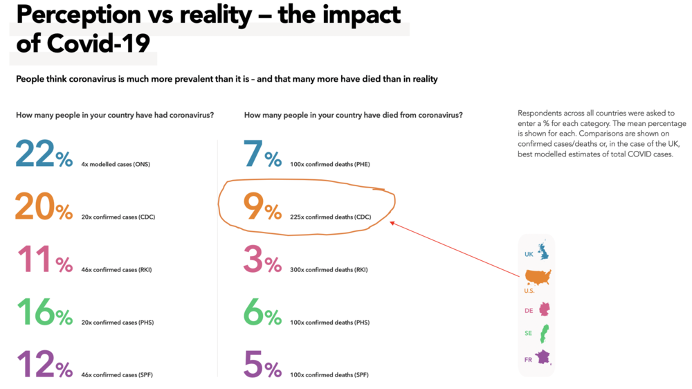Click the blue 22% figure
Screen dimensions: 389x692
(44, 154)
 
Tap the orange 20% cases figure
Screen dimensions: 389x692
(44, 207)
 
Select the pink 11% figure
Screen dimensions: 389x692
(44, 260)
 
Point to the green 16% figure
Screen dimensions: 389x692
(44, 313)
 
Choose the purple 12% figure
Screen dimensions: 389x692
(44, 364)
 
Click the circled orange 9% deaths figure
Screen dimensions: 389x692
(262, 207)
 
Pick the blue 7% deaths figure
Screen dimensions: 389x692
(262, 154)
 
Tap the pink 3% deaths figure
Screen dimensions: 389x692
(262, 260)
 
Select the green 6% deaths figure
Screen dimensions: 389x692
(262, 313)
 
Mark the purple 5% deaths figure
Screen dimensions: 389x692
(262, 364)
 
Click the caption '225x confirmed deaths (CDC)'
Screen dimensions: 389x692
(331, 217)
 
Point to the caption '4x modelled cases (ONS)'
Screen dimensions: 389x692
(116, 165)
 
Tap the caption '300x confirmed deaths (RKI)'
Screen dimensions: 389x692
(329, 271)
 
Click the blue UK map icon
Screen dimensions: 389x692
(543, 251)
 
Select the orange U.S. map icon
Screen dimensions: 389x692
(538, 278)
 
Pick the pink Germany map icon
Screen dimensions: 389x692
(544, 309)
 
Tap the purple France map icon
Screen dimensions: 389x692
(544, 359)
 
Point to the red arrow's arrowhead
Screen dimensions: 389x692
(392, 222)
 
